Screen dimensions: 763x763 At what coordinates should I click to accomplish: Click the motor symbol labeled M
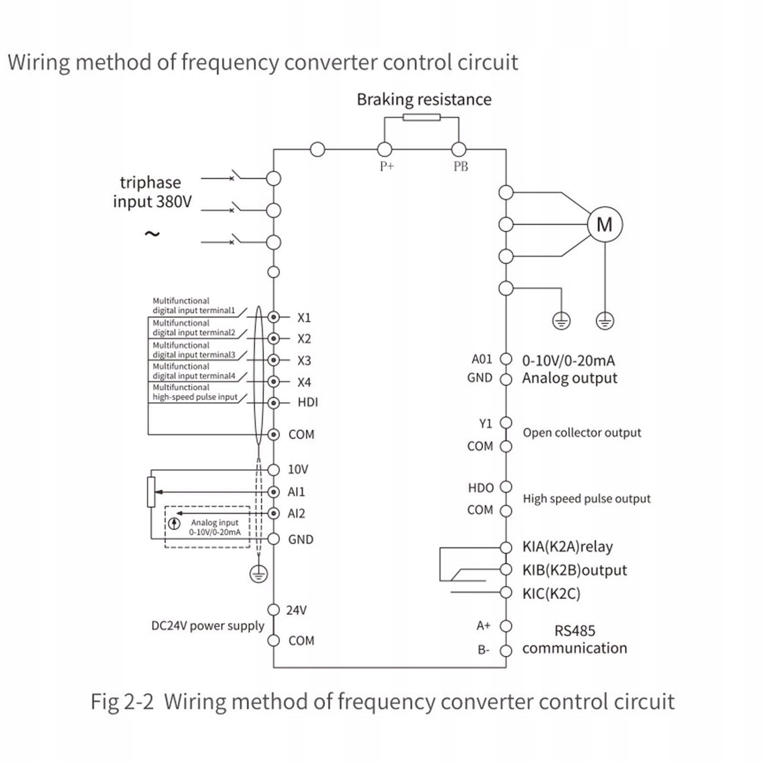click(x=604, y=224)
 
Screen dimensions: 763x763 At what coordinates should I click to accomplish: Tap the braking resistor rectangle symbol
click(x=421, y=117)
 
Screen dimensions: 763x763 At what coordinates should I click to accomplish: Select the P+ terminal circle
click(x=385, y=150)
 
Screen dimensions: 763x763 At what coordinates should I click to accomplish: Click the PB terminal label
click(x=460, y=166)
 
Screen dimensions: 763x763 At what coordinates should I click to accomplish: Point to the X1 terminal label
click(x=304, y=317)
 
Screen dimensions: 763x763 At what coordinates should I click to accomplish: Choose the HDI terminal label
click(x=307, y=402)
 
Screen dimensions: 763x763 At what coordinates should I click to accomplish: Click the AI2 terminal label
click(x=296, y=513)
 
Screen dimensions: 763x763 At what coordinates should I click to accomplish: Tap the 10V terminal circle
click(x=274, y=470)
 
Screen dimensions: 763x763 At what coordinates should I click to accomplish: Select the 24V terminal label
click(x=296, y=610)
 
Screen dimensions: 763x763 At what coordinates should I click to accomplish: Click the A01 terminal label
click(x=481, y=359)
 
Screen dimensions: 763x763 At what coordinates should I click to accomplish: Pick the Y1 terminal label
click(x=485, y=423)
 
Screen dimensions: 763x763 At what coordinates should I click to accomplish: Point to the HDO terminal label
click(x=480, y=488)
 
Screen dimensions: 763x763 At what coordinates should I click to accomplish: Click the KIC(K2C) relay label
click(x=551, y=593)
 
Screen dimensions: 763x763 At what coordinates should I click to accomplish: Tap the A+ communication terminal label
click(x=483, y=625)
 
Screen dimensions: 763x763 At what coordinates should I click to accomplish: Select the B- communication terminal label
click(x=483, y=650)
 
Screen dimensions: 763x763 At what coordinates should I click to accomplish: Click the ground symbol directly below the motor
click(x=605, y=321)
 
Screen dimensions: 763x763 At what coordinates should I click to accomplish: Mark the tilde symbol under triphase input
click(x=152, y=234)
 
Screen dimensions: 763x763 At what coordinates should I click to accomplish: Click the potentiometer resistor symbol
click(x=151, y=492)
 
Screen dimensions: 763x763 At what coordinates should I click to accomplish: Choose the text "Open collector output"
click(x=581, y=433)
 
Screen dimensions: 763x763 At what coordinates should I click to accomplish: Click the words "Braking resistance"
click(x=424, y=100)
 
